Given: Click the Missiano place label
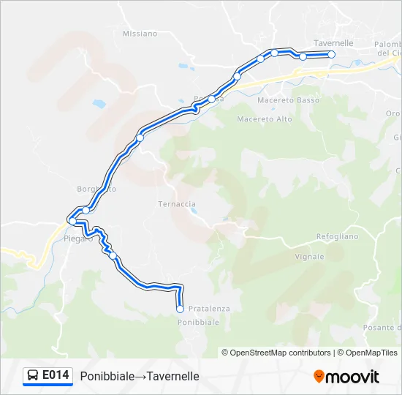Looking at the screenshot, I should point(140,34).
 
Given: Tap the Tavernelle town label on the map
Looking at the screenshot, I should point(333,43).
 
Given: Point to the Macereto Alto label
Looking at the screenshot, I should point(265,119).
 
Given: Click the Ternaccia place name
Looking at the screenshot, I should point(177,204).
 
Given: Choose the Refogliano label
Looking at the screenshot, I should point(337,236).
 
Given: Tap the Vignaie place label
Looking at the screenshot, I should point(310,257).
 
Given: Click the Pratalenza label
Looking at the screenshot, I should point(209,309).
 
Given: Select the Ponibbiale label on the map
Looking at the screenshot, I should point(199,322).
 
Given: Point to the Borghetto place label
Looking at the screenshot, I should point(96,189).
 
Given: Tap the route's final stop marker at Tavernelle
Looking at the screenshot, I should point(331,54).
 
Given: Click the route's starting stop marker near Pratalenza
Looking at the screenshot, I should point(180,309).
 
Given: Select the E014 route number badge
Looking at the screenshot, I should point(56,375).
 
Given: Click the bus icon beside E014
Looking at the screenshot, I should point(33,376).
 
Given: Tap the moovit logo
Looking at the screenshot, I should point(346,377).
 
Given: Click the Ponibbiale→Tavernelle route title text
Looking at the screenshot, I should point(140,376).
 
